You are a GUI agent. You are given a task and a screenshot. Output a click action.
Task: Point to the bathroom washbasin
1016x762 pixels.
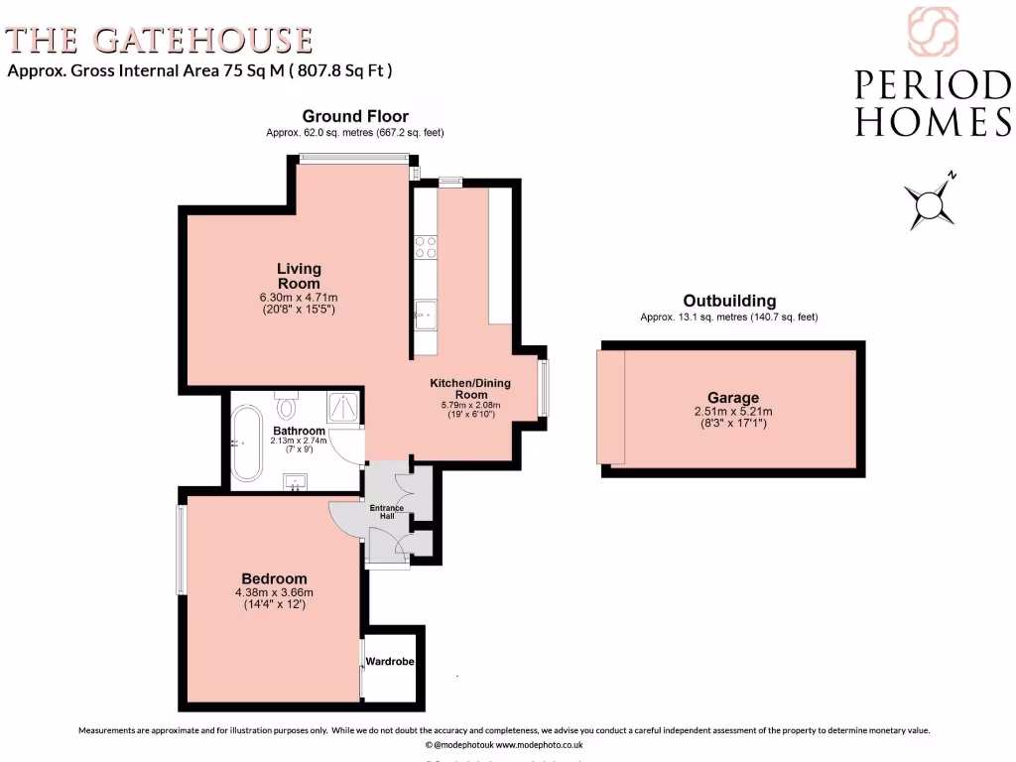click(296, 482)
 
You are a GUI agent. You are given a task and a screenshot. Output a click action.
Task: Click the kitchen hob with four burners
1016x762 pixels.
click(426, 247)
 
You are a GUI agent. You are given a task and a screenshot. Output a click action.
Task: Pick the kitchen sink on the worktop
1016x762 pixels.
click(425, 316)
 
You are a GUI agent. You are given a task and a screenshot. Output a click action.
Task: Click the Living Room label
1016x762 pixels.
click(299, 276)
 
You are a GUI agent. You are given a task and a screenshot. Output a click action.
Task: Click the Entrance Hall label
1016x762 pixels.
click(386, 512)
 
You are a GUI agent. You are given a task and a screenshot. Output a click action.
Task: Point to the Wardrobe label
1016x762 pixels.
click(389, 661)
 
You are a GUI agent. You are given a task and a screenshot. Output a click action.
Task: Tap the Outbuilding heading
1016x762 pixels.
click(729, 301)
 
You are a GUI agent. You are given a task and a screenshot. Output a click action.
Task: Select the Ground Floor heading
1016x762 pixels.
click(355, 116)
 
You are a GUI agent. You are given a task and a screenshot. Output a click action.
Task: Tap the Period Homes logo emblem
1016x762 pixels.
click(933, 32)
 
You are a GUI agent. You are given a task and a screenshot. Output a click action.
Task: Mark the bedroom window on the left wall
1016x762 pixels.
click(182, 550)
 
